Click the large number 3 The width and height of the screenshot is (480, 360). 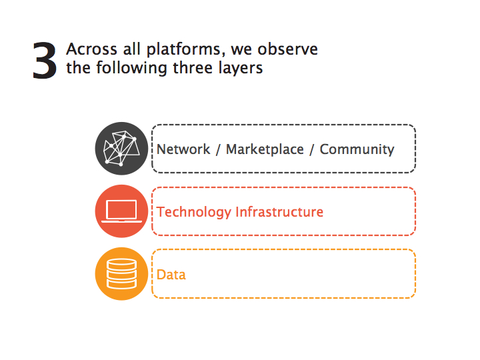pos(45,61)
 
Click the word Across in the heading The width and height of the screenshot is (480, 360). pos(92,49)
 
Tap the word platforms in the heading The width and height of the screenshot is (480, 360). pos(184,50)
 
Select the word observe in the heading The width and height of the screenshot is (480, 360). pos(288,49)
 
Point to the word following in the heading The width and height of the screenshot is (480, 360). pos(131,68)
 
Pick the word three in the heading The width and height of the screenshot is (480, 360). pos(193,67)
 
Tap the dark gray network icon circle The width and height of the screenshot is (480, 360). pos(121,149)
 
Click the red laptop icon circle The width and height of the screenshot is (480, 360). pos(121,211)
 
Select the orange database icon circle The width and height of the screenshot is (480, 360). pos(121,274)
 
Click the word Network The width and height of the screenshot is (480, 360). pos(183,149)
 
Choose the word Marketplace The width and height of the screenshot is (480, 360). pos(265,150)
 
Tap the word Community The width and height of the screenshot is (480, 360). pos(357,150)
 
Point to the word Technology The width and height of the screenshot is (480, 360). pos(194,213)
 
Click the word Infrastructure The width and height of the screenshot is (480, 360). pos(279,212)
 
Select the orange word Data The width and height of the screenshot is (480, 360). pos(171,275)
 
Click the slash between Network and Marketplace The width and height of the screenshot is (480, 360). pos(218,150)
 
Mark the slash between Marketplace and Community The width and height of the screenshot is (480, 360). pos(311,150)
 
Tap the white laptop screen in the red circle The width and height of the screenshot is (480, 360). pos(121,209)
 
